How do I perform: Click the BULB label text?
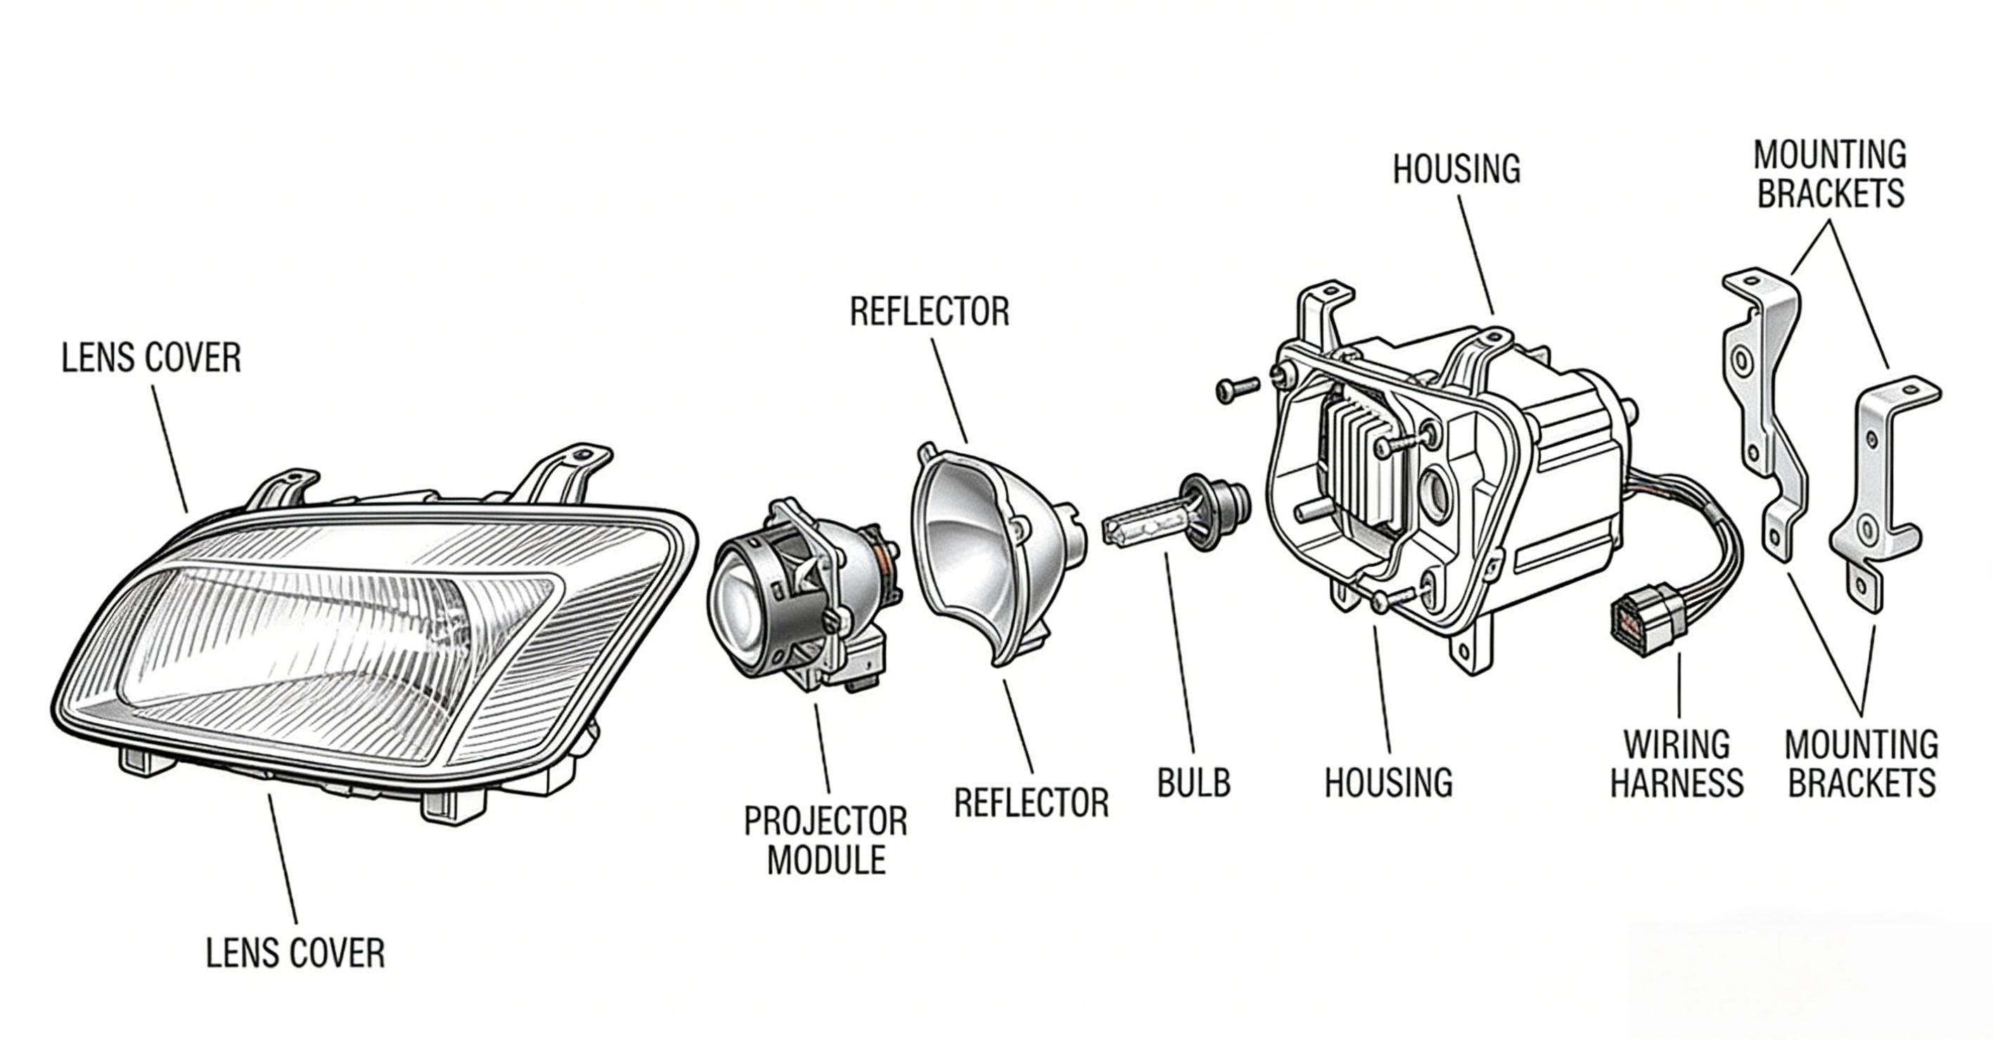(1193, 783)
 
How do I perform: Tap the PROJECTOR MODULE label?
(826, 840)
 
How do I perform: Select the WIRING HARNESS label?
(1677, 763)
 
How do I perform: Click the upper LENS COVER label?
(152, 359)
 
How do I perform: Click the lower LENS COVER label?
(295, 954)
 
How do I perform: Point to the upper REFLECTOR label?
(929, 312)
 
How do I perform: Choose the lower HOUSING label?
(1389, 783)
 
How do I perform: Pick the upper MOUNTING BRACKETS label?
(1830, 175)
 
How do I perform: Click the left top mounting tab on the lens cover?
(283, 487)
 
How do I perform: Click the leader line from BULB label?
(1179, 665)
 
